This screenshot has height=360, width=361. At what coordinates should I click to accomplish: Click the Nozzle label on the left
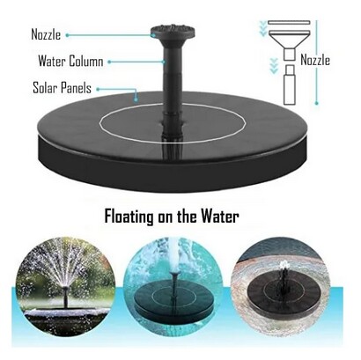pos(46,34)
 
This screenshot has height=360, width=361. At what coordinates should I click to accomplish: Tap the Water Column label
pos(70,61)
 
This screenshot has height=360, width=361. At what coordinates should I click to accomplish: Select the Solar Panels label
pos(62,88)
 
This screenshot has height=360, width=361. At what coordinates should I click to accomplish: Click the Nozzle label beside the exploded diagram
pos(315,60)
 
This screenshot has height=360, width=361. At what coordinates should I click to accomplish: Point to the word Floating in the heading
pos(129,217)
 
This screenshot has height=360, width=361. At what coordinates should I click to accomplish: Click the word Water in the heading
pos(220,217)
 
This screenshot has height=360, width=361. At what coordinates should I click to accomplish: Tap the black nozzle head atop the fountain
pos(173,32)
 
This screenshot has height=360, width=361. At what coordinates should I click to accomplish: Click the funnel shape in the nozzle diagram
pos(289,40)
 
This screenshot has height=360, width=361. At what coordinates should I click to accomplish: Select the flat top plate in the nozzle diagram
pos(289,22)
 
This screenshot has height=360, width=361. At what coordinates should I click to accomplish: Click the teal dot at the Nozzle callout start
pos(67,35)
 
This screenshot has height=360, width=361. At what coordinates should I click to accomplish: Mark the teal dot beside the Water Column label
pos(109,62)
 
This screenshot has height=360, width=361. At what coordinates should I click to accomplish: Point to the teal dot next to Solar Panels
pos(98,89)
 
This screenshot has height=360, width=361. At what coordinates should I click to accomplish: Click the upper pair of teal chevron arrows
pos(263,28)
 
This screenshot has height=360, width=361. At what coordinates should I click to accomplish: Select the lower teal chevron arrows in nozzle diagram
pos(274,65)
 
